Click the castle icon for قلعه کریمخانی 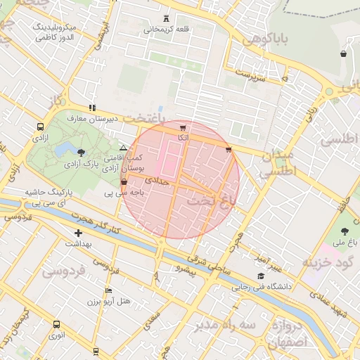coord(166,18)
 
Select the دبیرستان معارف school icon coord(92,108)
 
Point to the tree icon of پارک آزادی coord(82,152)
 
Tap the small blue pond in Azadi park coord(65,149)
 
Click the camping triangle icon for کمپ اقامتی coord(124,148)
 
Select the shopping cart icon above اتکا coord(183,128)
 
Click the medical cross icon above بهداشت coord(78,233)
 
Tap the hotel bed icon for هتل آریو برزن coord(108,290)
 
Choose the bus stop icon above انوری coord(56,324)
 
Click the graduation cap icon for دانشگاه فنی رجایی coord(261,276)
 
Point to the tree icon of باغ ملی coord(345,231)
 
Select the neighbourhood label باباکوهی coord(266,39)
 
